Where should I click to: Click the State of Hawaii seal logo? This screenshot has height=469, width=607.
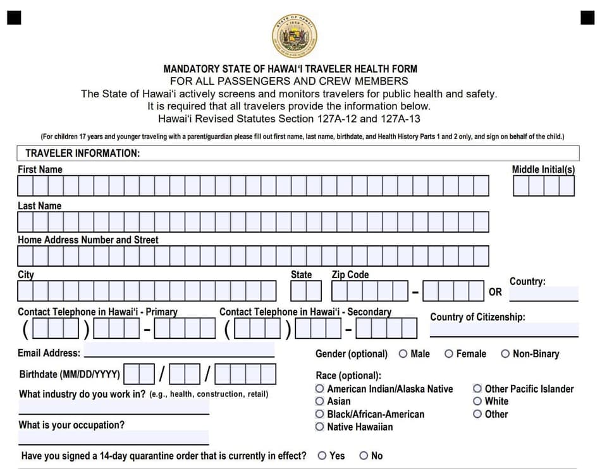(x=294, y=35)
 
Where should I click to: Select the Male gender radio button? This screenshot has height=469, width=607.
(x=403, y=354)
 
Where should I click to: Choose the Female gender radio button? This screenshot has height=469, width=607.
(x=449, y=354)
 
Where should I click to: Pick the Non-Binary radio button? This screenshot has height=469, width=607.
(x=505, y=354)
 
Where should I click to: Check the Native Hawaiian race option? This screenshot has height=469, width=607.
(x=320, y=427)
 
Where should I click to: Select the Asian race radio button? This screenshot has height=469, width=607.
(x=320, y=401)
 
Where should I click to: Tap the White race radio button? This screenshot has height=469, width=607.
(x=477, y=401)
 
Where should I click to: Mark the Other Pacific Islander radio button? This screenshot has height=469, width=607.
(x=477, y=389)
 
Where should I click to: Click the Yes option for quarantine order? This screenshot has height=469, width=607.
(x=322, y=456)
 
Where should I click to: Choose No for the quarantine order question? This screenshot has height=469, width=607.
(x=364, y=456)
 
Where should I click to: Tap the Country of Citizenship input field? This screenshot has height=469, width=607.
(x=504, y=329)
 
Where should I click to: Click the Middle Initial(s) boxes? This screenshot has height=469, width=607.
(x=544, y=186)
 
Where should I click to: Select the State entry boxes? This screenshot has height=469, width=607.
(x=306, y=291)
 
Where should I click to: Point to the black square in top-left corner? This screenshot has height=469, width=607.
(x=14, y=17)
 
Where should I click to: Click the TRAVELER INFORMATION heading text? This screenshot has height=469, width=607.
(x=82, y=154)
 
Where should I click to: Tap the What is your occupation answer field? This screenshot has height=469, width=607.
(x=114, y=437)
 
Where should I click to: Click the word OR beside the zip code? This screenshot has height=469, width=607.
(x=495, y=292)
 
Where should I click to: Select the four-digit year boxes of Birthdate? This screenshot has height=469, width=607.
(x=245, y=374)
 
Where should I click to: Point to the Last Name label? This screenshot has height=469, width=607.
(x=39, y=206)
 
